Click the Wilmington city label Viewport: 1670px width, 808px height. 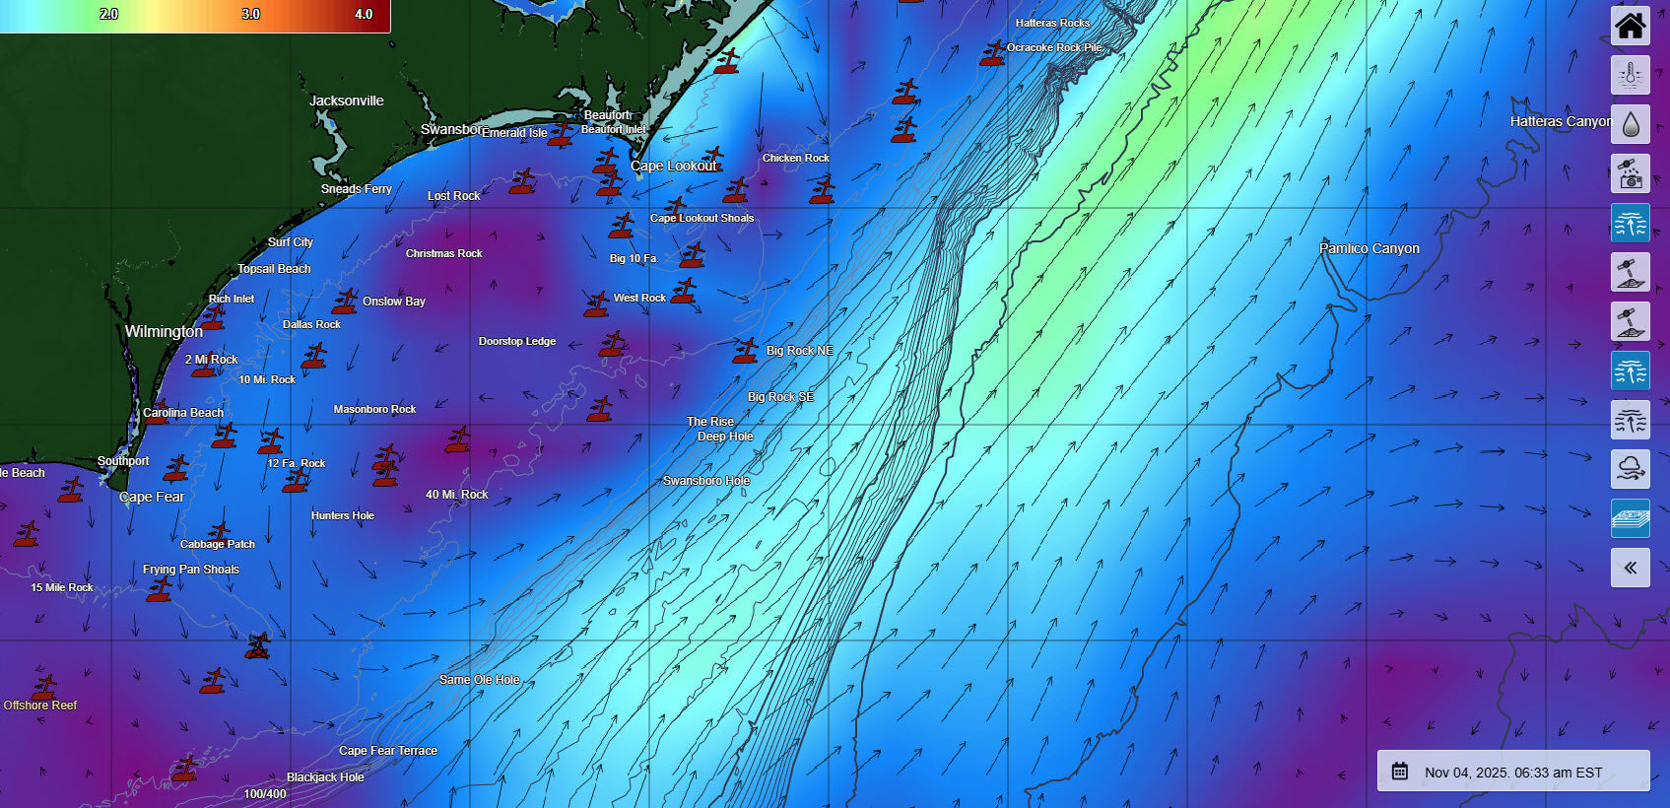(x=164, y=331)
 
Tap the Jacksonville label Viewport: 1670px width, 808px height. (x=346, y=101)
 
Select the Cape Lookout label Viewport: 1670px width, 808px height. (x=674, y=166)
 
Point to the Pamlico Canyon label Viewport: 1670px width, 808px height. (x=1369, y=248)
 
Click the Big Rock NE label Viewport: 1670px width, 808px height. (x=799, y=350)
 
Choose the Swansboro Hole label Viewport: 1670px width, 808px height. (x=706, y=481)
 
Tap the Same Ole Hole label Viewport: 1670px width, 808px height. (x=479, y=680)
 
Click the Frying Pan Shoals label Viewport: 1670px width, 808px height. (x=190, y=570)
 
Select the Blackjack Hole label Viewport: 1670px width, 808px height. (x=325, y=777)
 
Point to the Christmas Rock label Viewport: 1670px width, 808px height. (x=443, y=253)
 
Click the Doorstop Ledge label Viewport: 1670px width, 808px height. (x=516, y=341)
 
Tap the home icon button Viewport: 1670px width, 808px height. (x=1630, y=26)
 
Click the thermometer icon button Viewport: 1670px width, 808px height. (x=1630, y=75)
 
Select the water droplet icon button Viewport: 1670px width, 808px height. (x=1630, y=124)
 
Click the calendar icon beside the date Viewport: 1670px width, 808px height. (x=1399, y=772)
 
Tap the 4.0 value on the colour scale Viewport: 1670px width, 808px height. (x=364, y=14)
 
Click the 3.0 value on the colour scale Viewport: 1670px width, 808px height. (x=251, y=14)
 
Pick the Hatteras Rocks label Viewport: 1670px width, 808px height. (x=1052, y=23)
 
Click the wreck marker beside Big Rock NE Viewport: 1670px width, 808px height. (x=746, y=351)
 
